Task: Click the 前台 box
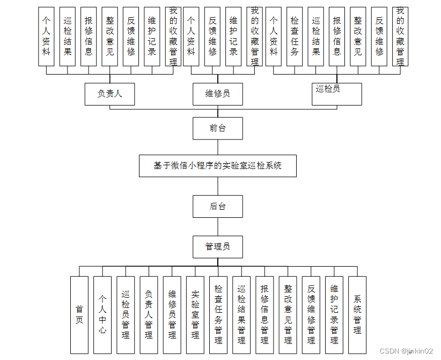coord(218,128)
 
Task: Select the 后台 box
coord(218,206)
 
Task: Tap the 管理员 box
coord(218,247)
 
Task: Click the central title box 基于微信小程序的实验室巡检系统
coord(218,166)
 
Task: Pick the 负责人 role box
coord(109,94)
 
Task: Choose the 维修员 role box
coord(218,94)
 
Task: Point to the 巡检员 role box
coord(336,94)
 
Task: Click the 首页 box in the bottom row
coord(79,314)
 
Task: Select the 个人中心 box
coord(102,314)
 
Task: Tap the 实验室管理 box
coord(195,314)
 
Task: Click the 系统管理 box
coord(357,314)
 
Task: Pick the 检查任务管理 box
coord(218,314)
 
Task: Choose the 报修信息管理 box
coord(264,314)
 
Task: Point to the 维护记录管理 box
coord(334,314)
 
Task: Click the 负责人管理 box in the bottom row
coord(149,314)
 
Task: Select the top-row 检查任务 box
coord(295,36)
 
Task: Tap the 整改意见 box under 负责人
coord(110,36)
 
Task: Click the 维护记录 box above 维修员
coord(233,36)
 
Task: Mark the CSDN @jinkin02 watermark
coord(406,351)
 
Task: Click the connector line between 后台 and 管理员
coord(218,226)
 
